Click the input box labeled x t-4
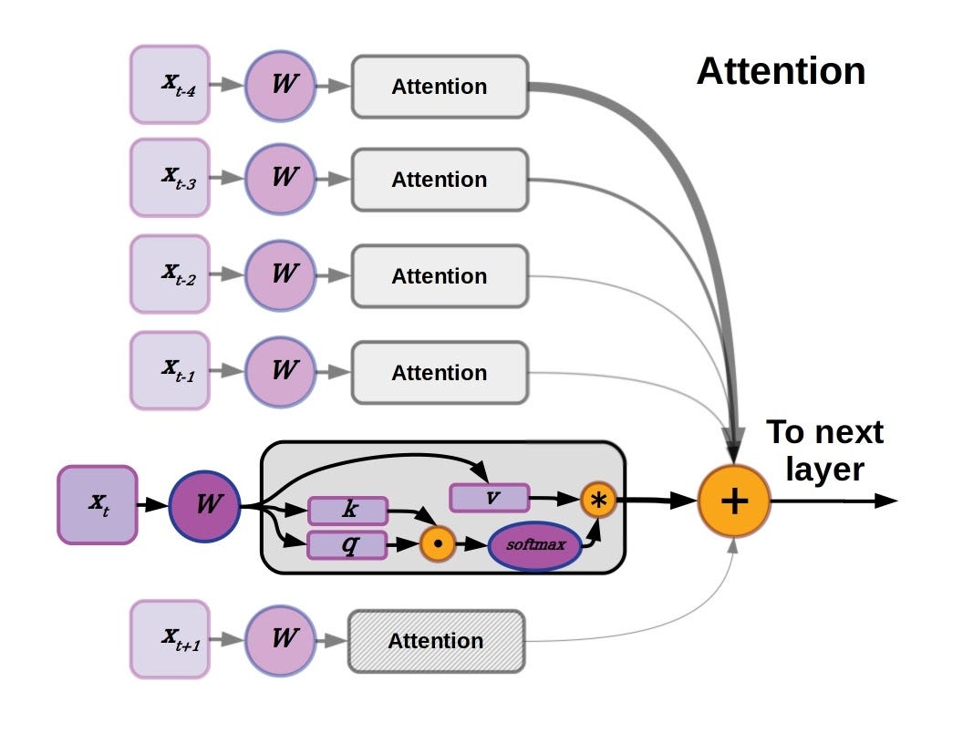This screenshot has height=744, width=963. coord(170,84)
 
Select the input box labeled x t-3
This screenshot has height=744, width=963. coord(170,177)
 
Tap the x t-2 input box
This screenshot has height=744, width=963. coord(170,274)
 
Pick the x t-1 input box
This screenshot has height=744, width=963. coord(170,370)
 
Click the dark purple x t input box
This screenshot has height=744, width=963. coord(98,504)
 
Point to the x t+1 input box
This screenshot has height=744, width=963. coord(170,638)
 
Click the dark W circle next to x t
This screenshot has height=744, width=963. coord(204,504)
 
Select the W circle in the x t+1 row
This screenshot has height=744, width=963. coord(283,638)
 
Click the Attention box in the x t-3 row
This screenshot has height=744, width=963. coord(440,180)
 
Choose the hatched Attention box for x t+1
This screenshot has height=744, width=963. coord(436,641)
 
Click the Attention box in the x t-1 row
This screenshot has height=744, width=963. coord(440,372)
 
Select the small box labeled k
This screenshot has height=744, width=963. coord(348,511)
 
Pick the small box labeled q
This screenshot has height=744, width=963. coord(348,544)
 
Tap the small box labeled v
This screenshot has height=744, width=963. coord(490,498)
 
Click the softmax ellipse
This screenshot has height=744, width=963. coord(535,545)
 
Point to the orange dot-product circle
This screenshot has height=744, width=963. coord(438,545)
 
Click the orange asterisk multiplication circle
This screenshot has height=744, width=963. coord(598,499)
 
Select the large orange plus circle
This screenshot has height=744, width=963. coord(734,501)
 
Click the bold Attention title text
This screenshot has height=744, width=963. coord(781,71)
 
